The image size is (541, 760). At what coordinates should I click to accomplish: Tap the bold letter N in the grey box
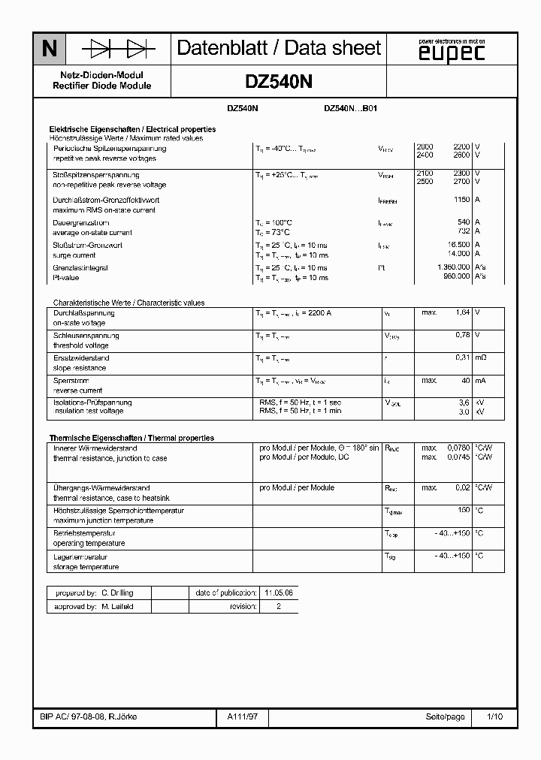(49, 50)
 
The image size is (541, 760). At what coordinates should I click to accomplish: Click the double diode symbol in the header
(118, 50)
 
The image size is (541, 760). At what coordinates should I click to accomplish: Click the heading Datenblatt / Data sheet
(279, 49)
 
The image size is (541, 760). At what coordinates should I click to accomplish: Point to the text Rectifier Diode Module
(102, 86)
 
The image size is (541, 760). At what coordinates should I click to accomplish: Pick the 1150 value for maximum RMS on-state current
(461, 201)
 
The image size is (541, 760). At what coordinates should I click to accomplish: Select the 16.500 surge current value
(459, 246)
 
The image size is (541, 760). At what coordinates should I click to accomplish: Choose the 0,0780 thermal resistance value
(458, 448)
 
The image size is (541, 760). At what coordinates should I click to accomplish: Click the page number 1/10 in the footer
(494, 717)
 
